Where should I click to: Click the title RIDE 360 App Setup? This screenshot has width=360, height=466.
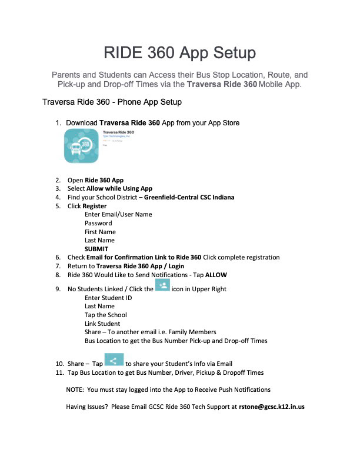[179, 53]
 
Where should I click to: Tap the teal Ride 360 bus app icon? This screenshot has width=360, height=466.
[81, 147]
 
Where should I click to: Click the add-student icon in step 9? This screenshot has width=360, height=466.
[162, 286]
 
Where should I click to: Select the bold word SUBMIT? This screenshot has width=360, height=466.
[96, 249]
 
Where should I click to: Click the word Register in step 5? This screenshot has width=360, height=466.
[95, 206]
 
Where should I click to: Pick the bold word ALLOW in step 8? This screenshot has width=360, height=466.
[216, 275]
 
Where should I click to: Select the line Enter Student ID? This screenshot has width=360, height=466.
[108, 298]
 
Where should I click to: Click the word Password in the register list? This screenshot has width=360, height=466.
[98, 223]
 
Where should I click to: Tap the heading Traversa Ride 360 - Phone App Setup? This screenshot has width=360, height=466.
[112, 102]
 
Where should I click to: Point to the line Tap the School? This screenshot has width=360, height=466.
[106, 315]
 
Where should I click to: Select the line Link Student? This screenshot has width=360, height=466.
[102, 324]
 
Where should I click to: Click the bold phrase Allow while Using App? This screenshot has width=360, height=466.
[119, 188]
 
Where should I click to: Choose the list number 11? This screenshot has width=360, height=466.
[59, 372]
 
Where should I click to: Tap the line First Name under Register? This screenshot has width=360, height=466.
[100, 232]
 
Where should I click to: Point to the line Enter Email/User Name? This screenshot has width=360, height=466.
[118, 214]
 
